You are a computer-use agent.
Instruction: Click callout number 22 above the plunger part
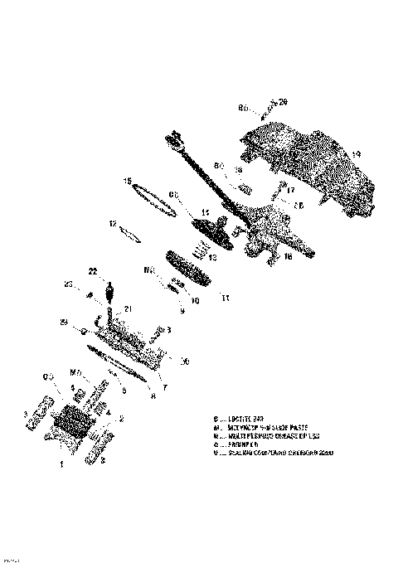click(x=93, y=270)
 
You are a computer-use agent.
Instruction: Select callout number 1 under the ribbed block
click(x=61, y=466)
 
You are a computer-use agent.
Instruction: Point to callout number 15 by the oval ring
click(x=128, y=181)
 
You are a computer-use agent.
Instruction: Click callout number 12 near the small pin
click(x=112, y=224)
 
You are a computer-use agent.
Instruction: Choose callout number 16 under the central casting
click(x=288, y=257)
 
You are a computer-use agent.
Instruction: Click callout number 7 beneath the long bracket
click(x=165, y=387)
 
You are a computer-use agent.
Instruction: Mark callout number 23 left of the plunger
click(x=68, y=287)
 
